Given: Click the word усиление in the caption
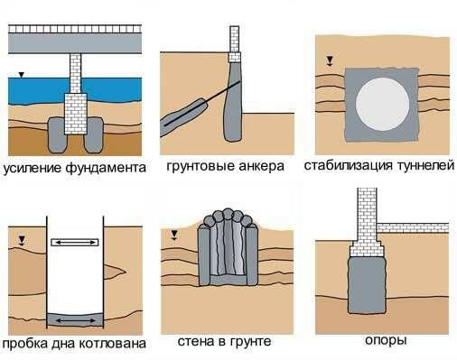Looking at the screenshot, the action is click(x=32, y=168).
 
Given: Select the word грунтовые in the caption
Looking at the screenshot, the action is click(x=200, y=167).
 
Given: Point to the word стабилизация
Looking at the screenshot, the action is click(x=349, y=165).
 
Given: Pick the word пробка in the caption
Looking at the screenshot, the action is click(x=23, y=344).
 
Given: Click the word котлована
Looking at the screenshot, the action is click(x=113, y=344).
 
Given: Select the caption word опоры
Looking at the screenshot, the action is click(x=386, y=341).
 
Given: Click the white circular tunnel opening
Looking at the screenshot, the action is click(x=382, y=104).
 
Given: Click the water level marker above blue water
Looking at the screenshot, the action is click(x=21, y=75).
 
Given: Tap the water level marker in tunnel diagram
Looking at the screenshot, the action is click(x=330, y=60).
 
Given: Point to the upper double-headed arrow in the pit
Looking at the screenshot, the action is click(x=75, y=242).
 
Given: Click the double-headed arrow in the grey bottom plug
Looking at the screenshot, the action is click(x=76, y=320).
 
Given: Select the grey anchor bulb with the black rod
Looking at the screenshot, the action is click(x=184, y=115).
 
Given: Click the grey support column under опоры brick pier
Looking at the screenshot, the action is click(x=367, y=285).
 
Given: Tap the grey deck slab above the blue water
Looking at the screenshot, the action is click(x=75, y=43).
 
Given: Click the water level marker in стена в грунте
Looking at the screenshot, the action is click(x=174, y=235).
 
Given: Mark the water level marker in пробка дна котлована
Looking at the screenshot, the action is click(x=22, y=241).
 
